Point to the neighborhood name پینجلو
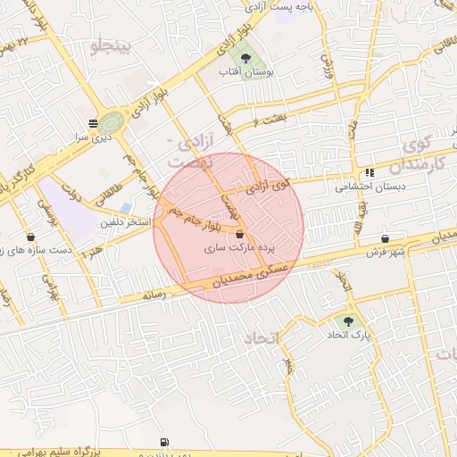tap(110, 45)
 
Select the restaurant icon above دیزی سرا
tap(93, 123)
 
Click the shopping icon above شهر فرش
tap(385, 238)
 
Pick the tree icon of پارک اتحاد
tap(347, 320)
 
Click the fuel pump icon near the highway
tap(163, 441)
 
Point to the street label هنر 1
tap(91, 253)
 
